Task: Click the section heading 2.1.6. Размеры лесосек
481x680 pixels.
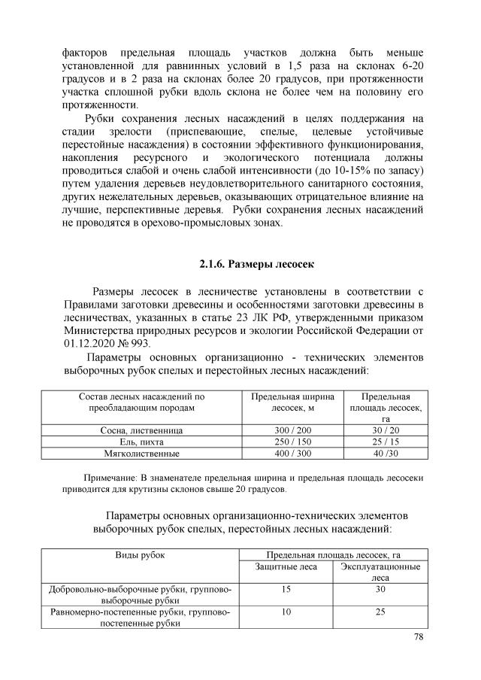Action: (x=240, y=264)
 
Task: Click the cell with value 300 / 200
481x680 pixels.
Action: (x=287, y=430)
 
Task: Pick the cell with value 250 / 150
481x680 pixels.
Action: (x=287, y=442)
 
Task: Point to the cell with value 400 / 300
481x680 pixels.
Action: (x=287, y=454)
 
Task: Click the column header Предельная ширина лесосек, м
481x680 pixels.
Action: (x=287, y=402)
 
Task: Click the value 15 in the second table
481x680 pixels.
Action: (x=286, y=590)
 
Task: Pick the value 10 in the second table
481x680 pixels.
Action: (x=286, y=613)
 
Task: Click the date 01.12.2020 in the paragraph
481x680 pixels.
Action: (x=92, y=343)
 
